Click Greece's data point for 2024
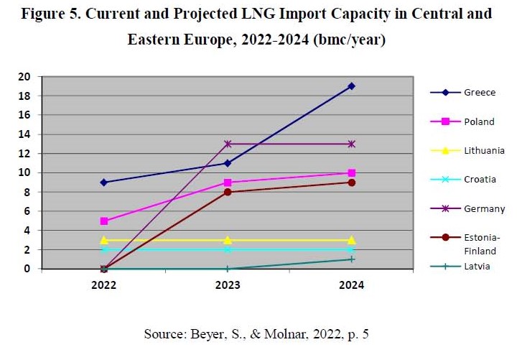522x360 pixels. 351,86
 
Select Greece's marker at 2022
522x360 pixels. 104,183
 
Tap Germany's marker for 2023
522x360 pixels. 228,144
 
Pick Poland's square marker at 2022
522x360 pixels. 104,221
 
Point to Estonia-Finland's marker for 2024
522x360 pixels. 351,183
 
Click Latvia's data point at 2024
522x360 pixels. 351,259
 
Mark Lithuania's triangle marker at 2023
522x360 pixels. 228,240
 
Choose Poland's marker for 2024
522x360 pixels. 351,172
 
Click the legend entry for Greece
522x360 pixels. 479,93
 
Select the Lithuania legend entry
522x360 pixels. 484,151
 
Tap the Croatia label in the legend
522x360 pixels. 480,180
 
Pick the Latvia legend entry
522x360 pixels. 477,267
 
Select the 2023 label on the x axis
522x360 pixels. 228,285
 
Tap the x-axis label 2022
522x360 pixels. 104,285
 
